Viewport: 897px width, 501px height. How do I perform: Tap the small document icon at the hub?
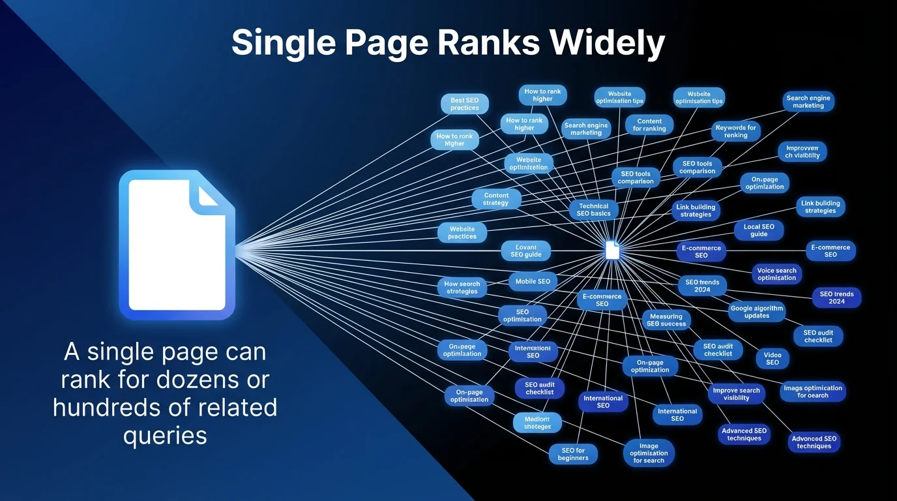(x=611, y=250)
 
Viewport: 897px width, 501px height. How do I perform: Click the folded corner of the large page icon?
(x=209, y=194)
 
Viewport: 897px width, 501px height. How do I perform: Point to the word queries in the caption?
(x=165, y=434)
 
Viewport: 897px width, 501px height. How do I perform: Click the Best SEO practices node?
(x=464, y=104)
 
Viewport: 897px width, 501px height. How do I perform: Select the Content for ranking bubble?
(x=649, y=125)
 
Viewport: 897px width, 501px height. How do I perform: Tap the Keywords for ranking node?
(x=735, y=132)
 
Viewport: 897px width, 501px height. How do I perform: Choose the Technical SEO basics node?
(x=593, y=210)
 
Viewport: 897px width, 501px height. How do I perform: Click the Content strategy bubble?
(x=496, y=199)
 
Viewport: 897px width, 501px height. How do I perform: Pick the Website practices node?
(x=462, y=233)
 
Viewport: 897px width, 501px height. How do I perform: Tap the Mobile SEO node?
(x=533, y=282)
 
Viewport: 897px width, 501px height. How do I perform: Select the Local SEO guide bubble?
(x=759, y=230)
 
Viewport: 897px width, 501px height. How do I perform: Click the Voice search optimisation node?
(x=776, y=274)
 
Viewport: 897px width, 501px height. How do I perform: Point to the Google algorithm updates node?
(x=757, y=312)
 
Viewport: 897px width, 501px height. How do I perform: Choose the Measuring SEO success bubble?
(x=666, y=320)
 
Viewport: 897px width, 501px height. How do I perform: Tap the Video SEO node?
(x=772, y=359)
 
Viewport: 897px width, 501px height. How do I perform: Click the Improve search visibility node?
(x=736, y=394)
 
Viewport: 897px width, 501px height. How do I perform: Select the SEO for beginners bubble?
(x=573, y=454)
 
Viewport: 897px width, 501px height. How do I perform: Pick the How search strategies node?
(x=462, y=288)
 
